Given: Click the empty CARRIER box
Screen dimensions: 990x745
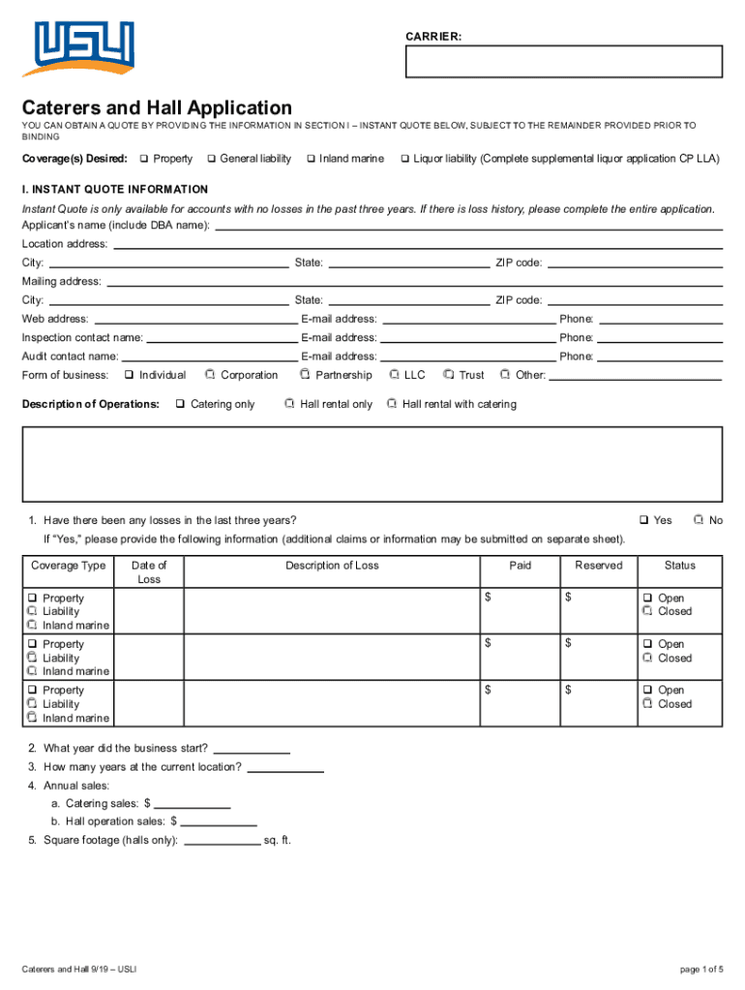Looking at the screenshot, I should (x=564, y=61).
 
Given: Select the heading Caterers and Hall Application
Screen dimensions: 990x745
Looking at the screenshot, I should (x=157, y=107).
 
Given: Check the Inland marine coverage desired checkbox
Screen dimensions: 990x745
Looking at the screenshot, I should (x=312, y=159).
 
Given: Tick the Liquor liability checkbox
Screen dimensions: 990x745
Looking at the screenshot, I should (x=405, y=159).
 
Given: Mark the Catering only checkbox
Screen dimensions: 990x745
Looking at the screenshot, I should (x=180, y=404).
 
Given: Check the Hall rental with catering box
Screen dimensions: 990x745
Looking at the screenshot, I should (x=393, y=404).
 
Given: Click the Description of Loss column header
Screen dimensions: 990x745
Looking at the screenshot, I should (x=332, y=566).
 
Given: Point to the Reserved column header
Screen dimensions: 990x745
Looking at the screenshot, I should (x=598, y=566).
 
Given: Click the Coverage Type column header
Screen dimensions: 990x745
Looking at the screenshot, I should (x=68, y=566).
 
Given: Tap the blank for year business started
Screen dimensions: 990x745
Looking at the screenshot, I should (x=252, y=750).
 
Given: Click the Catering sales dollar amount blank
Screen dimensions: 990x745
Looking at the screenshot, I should (x=193, y=805).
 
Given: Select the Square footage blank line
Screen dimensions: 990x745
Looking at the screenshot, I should (x=222, y=842).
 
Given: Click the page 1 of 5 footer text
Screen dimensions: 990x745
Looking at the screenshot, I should (x=701, y=970).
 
